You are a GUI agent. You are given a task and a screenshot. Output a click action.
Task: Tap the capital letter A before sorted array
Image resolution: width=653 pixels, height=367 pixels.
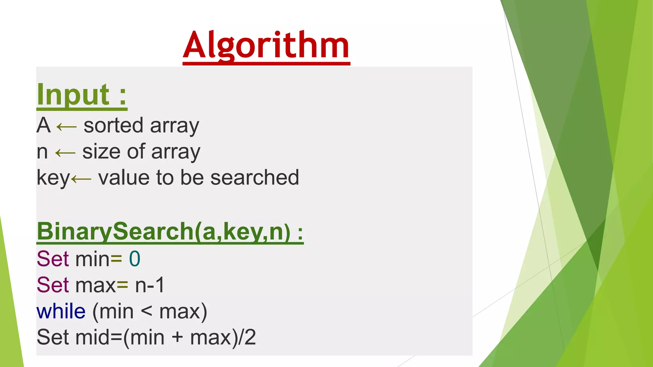point(44,125)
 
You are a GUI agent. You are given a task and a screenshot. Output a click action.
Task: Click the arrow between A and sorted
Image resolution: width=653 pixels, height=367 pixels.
point(67,127)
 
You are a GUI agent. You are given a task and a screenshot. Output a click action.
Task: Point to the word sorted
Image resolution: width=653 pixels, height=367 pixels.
point(113,126)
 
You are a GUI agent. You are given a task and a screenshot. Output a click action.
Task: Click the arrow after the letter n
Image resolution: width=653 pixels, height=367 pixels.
point(65,153)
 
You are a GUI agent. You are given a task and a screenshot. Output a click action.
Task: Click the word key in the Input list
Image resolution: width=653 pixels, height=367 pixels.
point(53,178)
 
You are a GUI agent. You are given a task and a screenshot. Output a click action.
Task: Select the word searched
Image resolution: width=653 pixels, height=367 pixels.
point(255,177)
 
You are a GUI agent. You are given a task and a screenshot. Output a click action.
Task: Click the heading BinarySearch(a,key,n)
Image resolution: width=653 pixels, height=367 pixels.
point(170,232)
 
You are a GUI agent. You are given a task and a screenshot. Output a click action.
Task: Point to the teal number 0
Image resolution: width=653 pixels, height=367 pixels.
point(135,259)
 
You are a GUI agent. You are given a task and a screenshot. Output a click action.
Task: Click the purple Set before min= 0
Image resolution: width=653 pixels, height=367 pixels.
point(53,259)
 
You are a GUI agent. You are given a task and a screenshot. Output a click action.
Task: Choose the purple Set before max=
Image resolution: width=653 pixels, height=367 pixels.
point(53,285)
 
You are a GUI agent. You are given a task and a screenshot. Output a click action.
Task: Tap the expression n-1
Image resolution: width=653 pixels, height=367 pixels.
point(150,285)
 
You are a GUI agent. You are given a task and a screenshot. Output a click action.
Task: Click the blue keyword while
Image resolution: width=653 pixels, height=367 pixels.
point(61,311)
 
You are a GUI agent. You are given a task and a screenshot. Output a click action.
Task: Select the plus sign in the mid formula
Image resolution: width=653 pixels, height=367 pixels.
point(177,338)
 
